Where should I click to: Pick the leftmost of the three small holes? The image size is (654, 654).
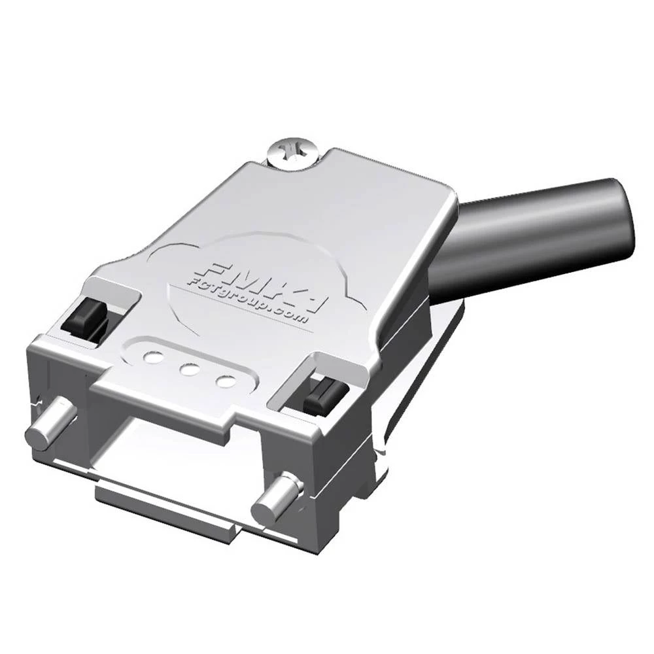tap(153, 357)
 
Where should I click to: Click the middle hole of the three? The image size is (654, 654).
tap(190, 368)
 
